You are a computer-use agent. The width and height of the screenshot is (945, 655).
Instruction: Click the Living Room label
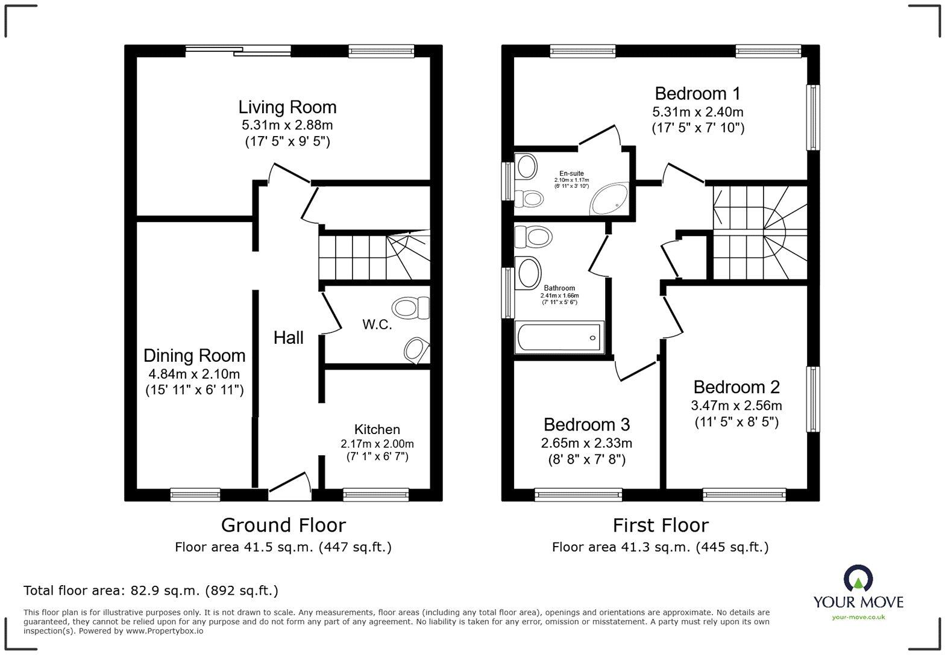[x=287, y=107]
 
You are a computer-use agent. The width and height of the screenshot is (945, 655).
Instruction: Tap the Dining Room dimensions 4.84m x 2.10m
[x=194, y=374]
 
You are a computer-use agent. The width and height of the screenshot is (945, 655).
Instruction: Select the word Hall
[x=289, y=338]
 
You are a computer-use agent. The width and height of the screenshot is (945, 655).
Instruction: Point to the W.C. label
[x=377, y=324]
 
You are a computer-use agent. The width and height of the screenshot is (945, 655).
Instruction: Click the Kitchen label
[x=377, y=429]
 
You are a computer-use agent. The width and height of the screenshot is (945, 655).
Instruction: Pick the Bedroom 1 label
[x=698, y=93]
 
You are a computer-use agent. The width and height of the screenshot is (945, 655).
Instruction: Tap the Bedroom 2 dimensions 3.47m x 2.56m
[x=736, y=406]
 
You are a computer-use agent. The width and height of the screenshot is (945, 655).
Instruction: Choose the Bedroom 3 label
[x=586, y=424]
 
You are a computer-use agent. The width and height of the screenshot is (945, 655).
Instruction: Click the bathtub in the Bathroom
[x=559, y=337]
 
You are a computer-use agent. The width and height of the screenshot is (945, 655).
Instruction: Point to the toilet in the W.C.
[x=411, y=308]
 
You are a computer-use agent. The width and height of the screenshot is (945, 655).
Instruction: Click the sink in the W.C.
[x=416, y=350]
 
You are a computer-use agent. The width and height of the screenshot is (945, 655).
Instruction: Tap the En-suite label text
[x=571, y=173]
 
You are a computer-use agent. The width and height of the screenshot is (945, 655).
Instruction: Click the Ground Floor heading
[x=283, y=525]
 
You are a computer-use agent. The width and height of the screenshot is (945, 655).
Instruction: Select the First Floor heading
[x=661, y=525]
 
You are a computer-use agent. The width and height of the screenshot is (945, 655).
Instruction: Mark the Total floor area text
[x=151, y=591]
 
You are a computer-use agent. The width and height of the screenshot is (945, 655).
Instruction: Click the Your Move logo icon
[x=858, y=579]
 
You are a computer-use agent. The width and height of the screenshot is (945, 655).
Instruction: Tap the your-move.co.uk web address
[x=858, y=617]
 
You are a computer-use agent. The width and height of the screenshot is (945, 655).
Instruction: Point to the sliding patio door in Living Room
[x=239, y=51]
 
